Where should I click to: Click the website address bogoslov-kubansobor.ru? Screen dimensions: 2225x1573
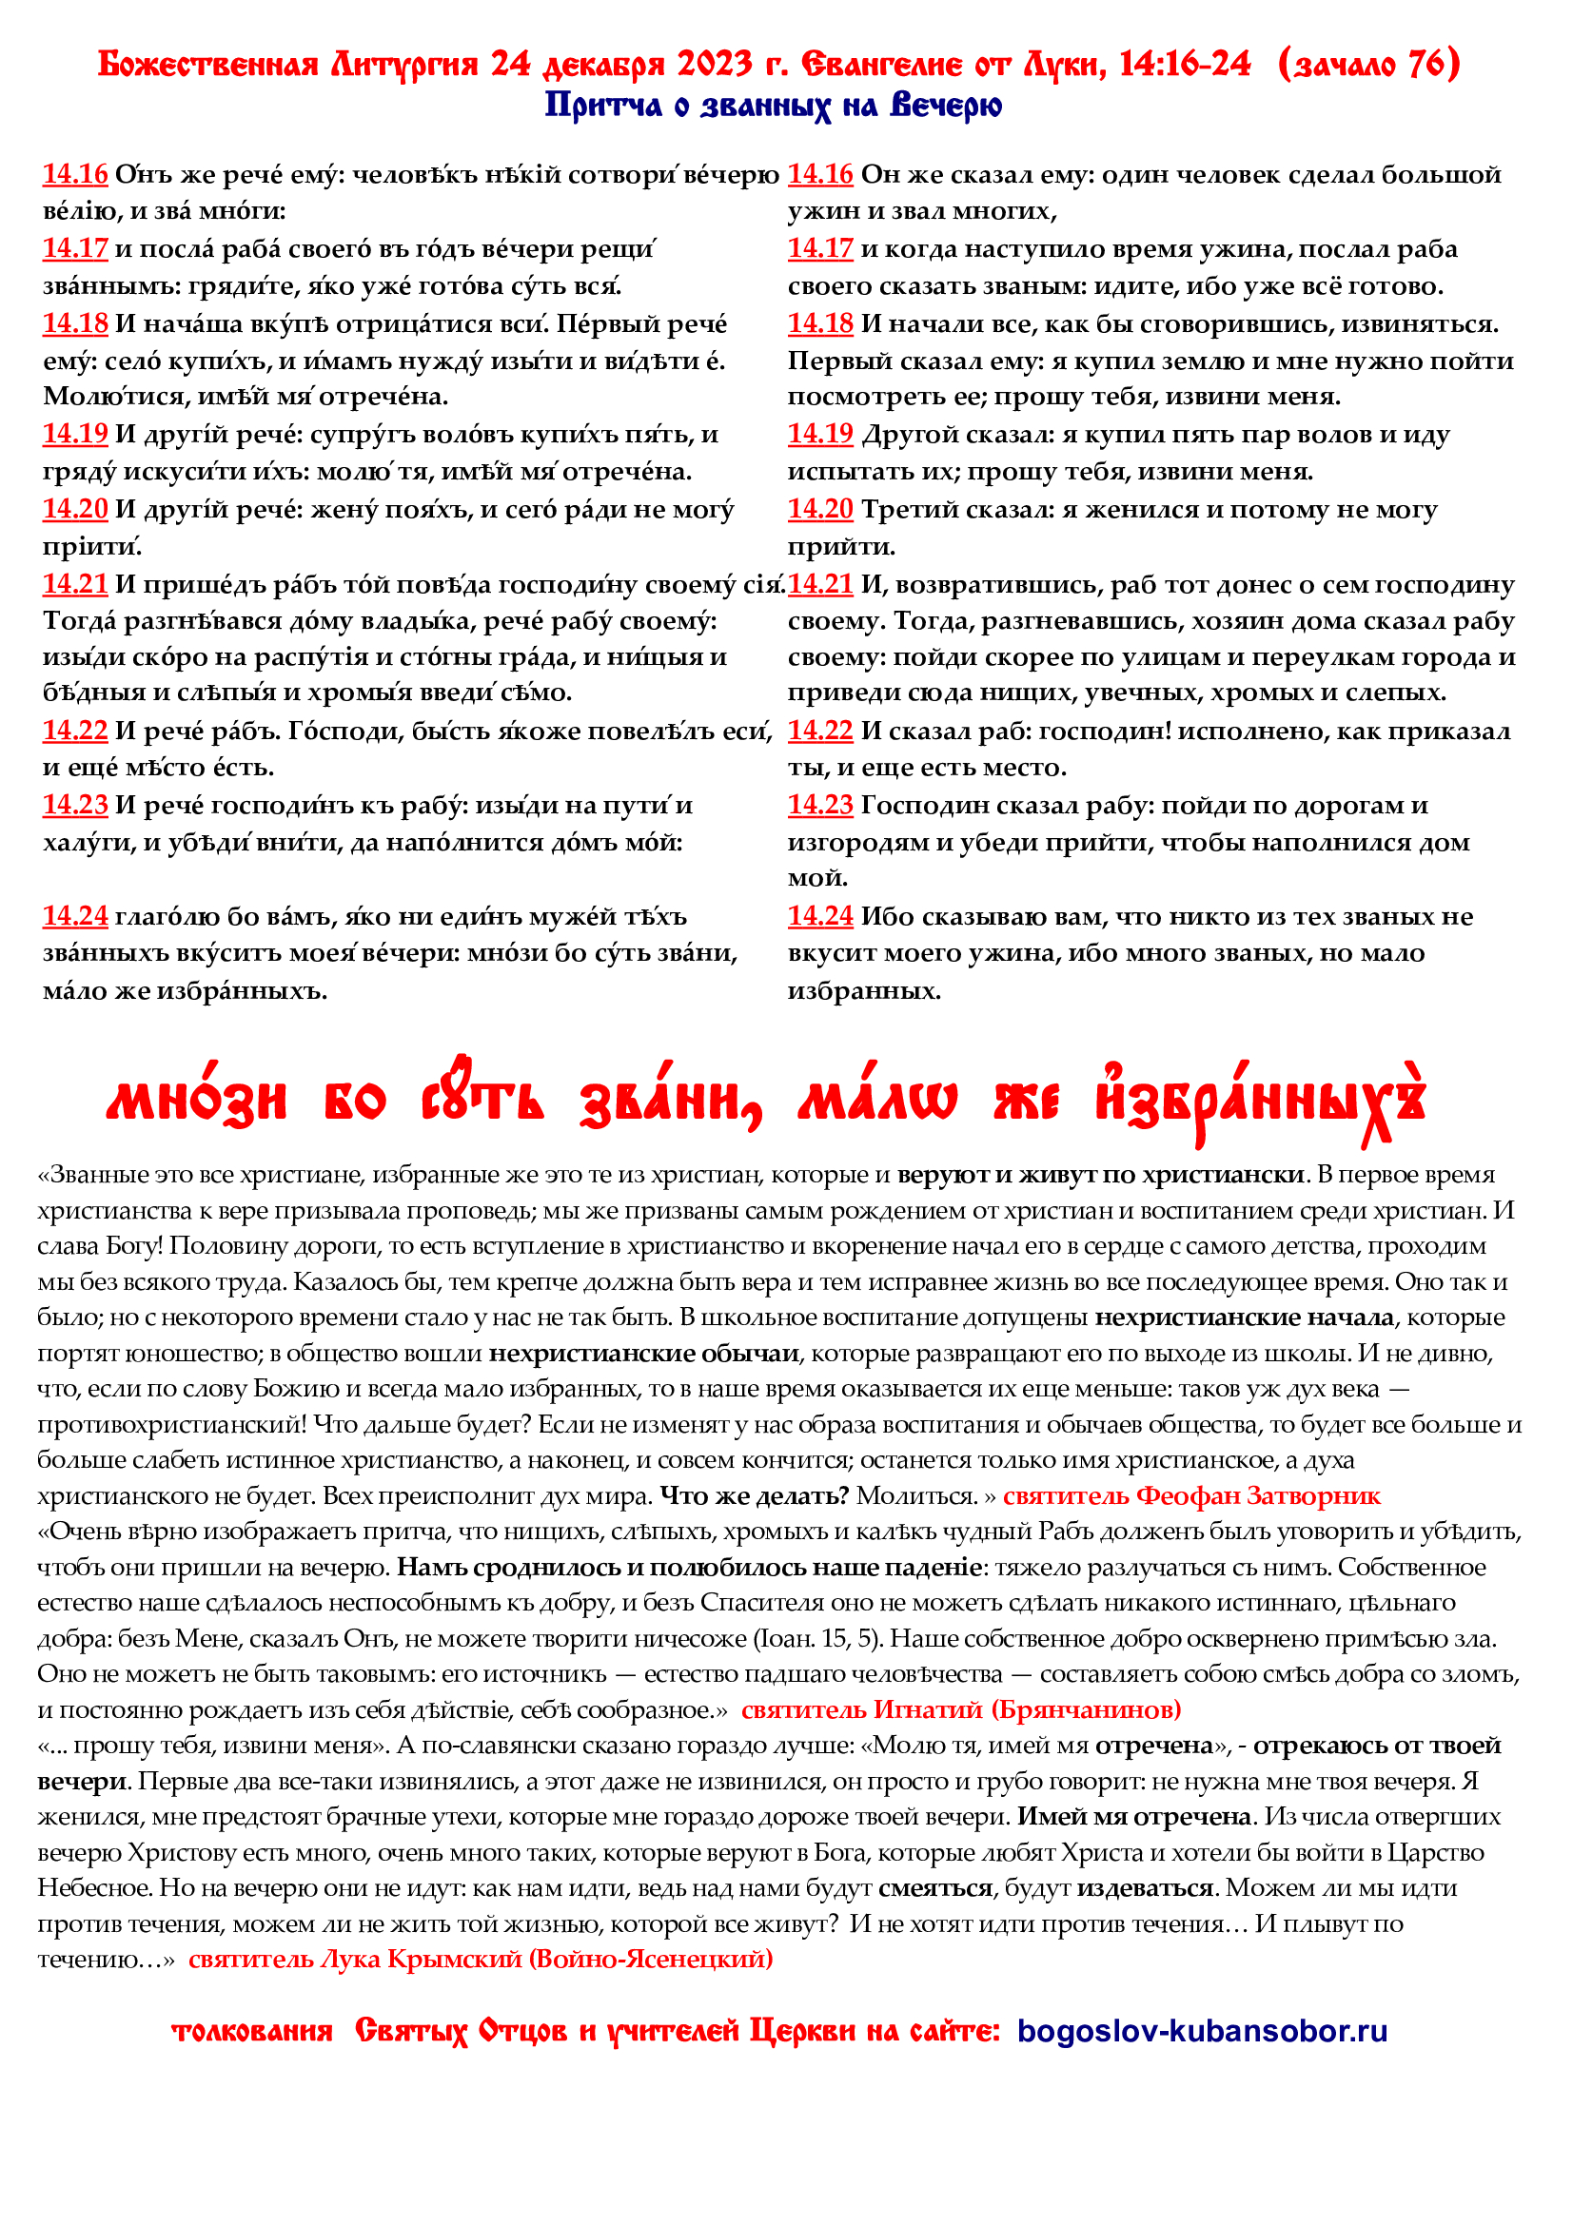(x=1202, y=2030)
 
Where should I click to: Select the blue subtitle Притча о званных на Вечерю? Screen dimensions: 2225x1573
(x=773, y=105)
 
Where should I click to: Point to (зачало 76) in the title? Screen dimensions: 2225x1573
(x=1368, y=64)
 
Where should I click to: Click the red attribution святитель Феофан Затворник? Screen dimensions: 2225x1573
(x=1191, y=1495)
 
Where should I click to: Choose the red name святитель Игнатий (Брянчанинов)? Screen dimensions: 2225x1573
(x=960, y=1709)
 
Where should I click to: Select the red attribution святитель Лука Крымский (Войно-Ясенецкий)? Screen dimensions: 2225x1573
(x=481, y=1959)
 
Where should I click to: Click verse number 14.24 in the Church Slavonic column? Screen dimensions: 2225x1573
(x=74, y=916)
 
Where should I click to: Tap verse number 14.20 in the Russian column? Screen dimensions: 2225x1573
(x=820, y=509)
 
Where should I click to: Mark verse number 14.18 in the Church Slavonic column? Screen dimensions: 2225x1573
(x=74, y=322)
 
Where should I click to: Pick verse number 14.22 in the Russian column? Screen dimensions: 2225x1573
(x=820, y=731)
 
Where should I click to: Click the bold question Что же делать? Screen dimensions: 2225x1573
(x=754, y=1495)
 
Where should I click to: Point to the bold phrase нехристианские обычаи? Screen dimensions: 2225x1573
(x=643, y=1353)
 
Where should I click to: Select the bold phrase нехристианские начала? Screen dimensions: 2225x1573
(x=1245, y=1317)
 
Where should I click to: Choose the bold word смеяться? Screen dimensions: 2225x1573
(x=935, y=1887)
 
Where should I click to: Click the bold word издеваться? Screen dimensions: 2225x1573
(x=1145, y=1887)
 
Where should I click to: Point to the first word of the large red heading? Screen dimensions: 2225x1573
(x=197, y=1102)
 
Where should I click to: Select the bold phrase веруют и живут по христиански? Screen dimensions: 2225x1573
(x=1100, y=1175)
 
